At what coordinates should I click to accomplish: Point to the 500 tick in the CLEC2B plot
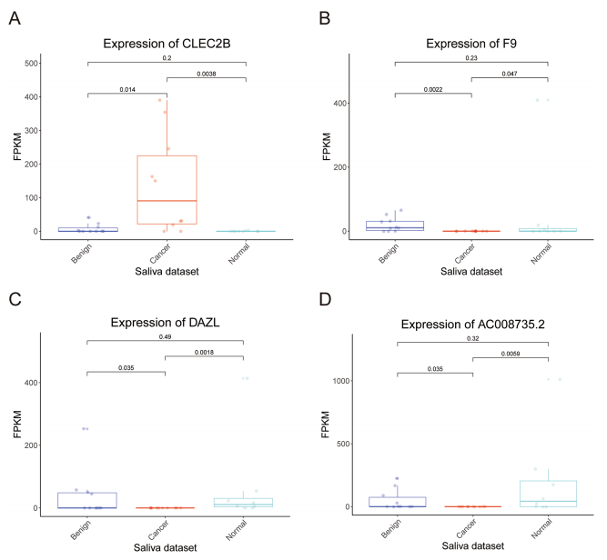click(x=34, y=63)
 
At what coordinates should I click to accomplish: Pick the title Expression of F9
click(x=470, y=43)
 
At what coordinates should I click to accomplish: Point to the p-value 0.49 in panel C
click(x=167, y=336)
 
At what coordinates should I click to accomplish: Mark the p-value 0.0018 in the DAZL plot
click(x=207, y=352)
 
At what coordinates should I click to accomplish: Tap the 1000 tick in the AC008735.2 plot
click(x=334, y=381)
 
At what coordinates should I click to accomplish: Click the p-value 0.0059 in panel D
click(x=510, y=352)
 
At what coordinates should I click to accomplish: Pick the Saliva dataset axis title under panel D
click(x=470, y=547)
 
